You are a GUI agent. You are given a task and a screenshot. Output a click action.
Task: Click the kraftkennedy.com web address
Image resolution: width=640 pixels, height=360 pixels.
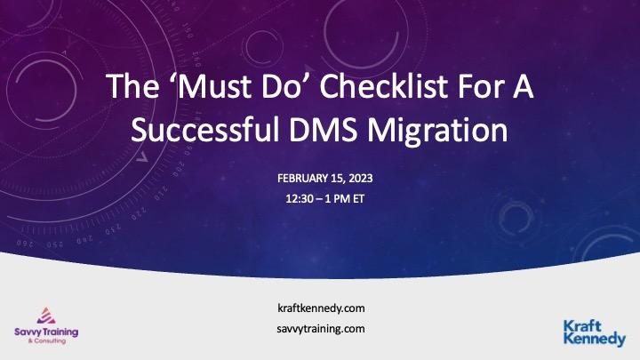coord(320,308)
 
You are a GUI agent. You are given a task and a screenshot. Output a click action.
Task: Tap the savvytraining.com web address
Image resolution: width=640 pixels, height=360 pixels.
coord(320,328)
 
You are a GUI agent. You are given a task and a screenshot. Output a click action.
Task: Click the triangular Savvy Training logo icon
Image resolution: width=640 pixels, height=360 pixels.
coord(45,316)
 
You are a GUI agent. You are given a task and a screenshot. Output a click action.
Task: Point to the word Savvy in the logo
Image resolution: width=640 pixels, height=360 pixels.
coord(26,332)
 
